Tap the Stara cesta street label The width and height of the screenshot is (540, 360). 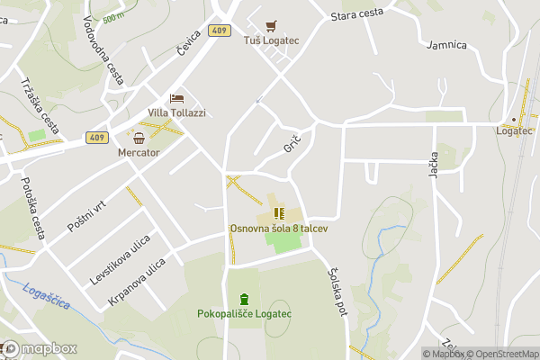coord(357,14)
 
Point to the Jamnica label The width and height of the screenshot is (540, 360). coord(447,44)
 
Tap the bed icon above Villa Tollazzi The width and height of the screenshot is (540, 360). coord(176,98)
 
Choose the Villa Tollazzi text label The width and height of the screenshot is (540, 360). coord(176,113)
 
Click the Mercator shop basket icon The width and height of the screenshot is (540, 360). coord(139,138)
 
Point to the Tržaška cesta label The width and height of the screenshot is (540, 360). coord(40,103)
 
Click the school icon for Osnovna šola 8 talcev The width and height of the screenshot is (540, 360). coord(278,213)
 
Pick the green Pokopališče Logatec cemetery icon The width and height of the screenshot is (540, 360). coord(243,299)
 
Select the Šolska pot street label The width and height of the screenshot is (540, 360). coord(337,293)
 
